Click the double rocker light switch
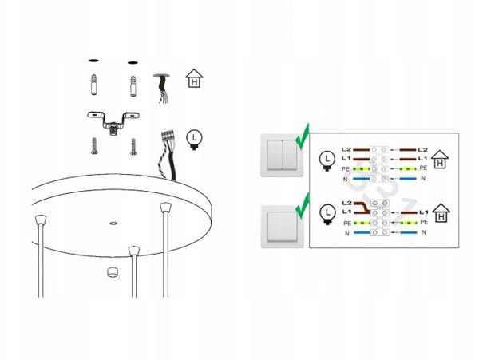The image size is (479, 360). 282,155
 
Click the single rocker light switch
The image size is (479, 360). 282,227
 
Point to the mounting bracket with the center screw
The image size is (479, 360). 113,122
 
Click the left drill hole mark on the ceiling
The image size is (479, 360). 93,61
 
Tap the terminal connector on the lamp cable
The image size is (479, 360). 168,136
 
